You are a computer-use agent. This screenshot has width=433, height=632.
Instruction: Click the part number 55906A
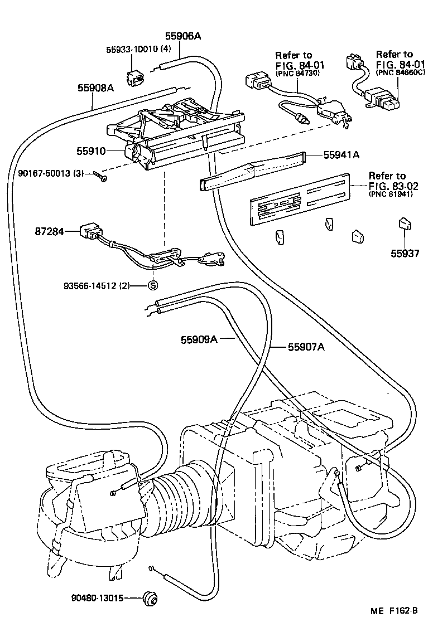(x=182, y=36)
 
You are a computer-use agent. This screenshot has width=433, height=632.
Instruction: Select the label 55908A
(x=95, y=87)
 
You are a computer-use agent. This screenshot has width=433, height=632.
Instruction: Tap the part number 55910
(x=92, y=150)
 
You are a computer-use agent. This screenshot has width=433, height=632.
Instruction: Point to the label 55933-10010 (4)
(x=138, y=49)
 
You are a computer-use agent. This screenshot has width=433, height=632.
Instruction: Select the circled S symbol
(x=152, y=286)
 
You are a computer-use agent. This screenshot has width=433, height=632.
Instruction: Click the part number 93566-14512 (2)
(x=96, y=286)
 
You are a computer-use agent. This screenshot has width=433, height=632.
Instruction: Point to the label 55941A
(x=341, y=155)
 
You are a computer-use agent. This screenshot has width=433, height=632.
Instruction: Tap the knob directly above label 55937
(x=405, y=225)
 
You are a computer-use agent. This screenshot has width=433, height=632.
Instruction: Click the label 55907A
(x=306, y=347)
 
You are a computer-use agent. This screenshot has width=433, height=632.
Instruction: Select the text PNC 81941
(x=394, y=195)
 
